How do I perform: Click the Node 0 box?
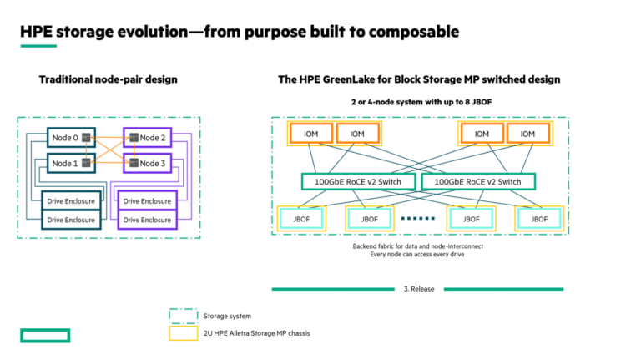(x=71, y=138)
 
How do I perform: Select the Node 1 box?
(x=71, y=163)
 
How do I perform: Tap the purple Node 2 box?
(x=147, y=138)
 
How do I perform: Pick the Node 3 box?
(x=147, y=163)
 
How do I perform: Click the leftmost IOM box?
(x=310, y=134)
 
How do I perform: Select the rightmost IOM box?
(x=527, y=134)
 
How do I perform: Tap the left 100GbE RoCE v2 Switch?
(x=358, y=181)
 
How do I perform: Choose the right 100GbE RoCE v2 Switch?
(x=478, y=181)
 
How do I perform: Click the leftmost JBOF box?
(x=301, y=220)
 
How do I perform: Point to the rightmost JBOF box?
(x=539, y=220)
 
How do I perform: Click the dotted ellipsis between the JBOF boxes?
(x=418, y=219)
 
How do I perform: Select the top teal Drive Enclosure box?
(x=71, y=200)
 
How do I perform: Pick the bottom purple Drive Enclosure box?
(x=147, y=220)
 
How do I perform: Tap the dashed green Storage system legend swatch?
(x=183, y=316)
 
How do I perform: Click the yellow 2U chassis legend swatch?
(x=183, y=333)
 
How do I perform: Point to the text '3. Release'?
(x=419, y=289)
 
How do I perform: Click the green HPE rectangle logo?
(x=45, y=336)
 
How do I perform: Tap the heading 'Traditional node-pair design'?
(x=109, y=79)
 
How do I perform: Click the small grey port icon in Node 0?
(x=86, y=138)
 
